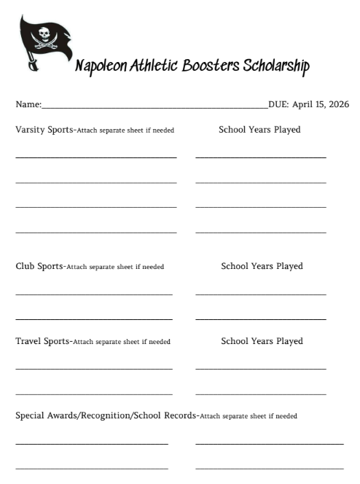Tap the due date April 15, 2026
click(320, 104)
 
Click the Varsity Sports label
click(43, 130)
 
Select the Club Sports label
click(39, 266)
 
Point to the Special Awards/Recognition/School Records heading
click(106, 415)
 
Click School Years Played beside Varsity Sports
click(259, 130)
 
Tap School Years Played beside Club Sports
click(262, 266)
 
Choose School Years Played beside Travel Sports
click(262, 340)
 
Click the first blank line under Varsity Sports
click(95, 157)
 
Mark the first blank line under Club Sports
click(93, 294)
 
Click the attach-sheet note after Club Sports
click(115, 267)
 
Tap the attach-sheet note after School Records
click(249, 416)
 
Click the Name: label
click(28, 104)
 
